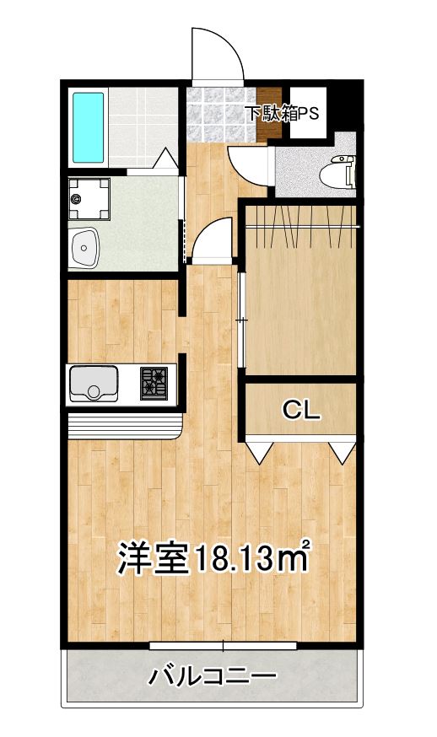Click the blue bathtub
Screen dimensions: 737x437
88,128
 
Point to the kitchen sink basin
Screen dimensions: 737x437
94,385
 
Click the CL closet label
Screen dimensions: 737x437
300,411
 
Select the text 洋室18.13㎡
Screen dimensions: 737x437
213,557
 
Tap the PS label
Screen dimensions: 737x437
308,112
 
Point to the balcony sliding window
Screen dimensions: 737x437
223,646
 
